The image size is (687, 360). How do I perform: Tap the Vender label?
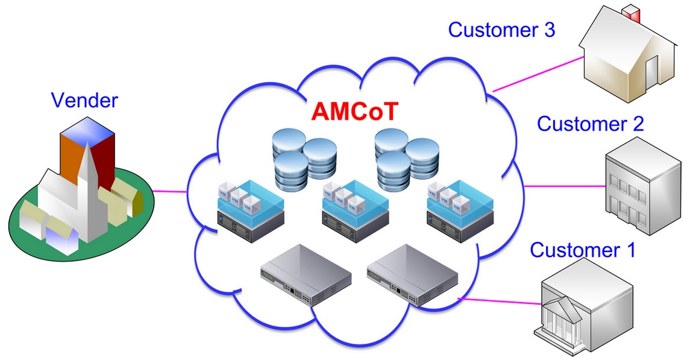coord(85,100)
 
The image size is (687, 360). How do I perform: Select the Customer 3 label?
coord(501,30)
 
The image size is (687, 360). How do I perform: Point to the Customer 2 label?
coord(590,124)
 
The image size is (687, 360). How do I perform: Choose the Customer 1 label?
coord(582,249)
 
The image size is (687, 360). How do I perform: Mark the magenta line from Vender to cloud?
coord(169,192)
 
